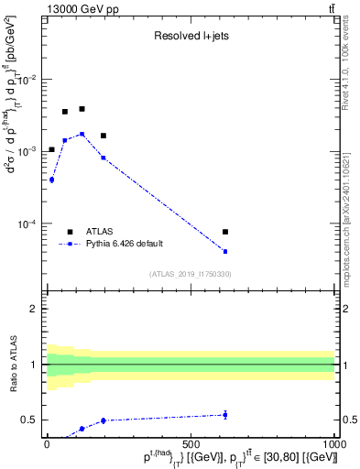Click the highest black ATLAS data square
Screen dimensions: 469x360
82,109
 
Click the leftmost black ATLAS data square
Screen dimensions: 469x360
51,149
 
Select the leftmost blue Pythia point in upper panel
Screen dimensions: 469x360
51,180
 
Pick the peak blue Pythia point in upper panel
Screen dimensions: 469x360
82,134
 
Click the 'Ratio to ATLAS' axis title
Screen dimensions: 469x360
14,365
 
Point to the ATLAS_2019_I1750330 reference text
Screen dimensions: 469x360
191,274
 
